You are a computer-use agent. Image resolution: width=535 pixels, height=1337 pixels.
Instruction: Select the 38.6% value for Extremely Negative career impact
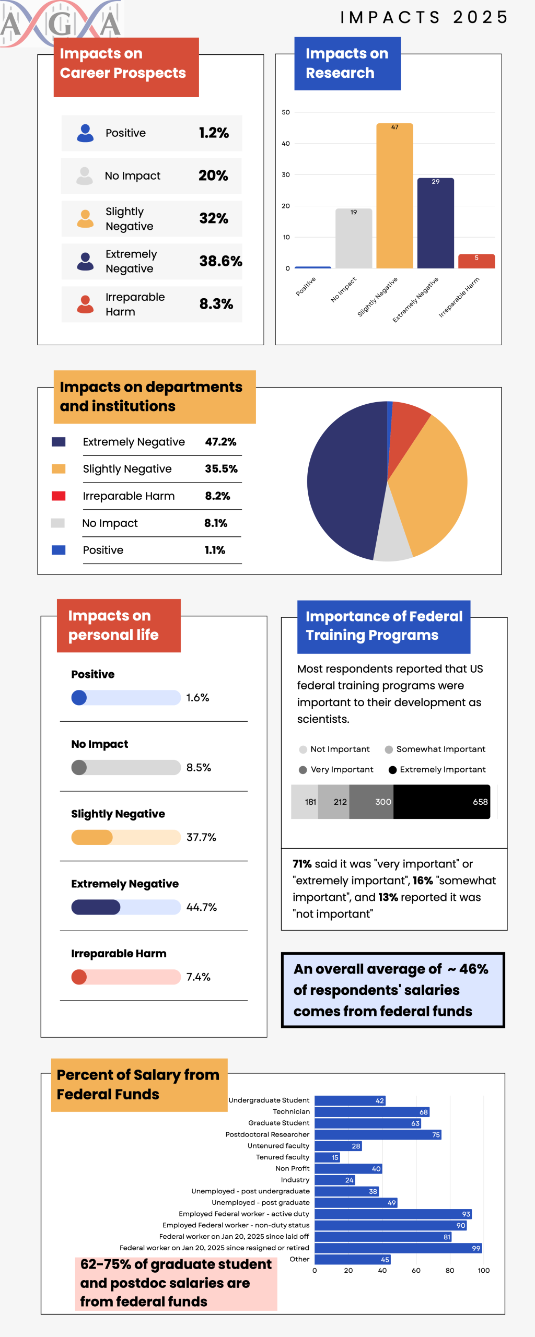pos(220,261)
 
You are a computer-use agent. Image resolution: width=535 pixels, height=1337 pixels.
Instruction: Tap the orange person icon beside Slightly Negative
pos(85,219)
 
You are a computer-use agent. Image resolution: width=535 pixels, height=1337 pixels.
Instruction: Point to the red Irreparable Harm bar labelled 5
pos(476,261)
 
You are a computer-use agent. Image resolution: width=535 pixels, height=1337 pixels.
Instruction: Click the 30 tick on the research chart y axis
pos(286,175)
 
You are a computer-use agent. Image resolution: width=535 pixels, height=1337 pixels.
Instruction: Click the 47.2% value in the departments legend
pos(220,442)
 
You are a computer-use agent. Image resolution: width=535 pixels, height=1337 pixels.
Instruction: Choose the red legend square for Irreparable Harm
pos(59,496)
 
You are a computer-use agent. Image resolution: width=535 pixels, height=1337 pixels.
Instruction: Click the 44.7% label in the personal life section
pos(201,907)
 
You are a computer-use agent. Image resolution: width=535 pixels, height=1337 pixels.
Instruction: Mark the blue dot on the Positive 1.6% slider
pos(79,698)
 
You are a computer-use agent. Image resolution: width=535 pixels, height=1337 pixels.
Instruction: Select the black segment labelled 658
pos(441,802)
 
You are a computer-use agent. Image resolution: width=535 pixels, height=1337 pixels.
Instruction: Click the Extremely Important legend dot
pos(392,770)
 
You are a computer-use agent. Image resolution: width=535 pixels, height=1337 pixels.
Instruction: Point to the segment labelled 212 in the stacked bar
pos(334,802)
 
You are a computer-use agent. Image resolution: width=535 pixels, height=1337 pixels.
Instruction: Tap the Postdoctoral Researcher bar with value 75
pos(378,1135)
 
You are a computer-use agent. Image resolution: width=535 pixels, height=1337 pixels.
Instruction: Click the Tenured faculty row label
pos(282,1157)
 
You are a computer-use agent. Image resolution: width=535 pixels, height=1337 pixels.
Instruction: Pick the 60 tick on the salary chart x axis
pos(416,1271)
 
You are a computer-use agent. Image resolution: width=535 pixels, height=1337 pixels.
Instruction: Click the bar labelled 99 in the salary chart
pos(398,1248)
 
